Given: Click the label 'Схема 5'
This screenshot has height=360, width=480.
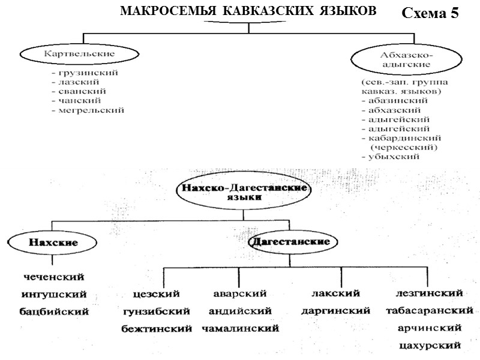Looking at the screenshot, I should click(x=430, y=14).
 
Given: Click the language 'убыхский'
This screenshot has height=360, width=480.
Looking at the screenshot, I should click(x=390, y=156).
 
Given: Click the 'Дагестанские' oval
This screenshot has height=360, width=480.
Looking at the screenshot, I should click(x=290, y=242).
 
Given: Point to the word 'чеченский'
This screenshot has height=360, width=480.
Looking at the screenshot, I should click(x=53, y=277).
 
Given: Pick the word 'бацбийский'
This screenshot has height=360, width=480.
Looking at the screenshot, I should click(x=54, y=311).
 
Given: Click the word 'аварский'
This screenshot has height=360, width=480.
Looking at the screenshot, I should click(x=240, y=294).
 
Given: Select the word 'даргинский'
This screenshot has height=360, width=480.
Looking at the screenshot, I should click(x=335, y=311).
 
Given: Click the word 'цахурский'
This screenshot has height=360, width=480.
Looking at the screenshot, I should click(x=430, y=346).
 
